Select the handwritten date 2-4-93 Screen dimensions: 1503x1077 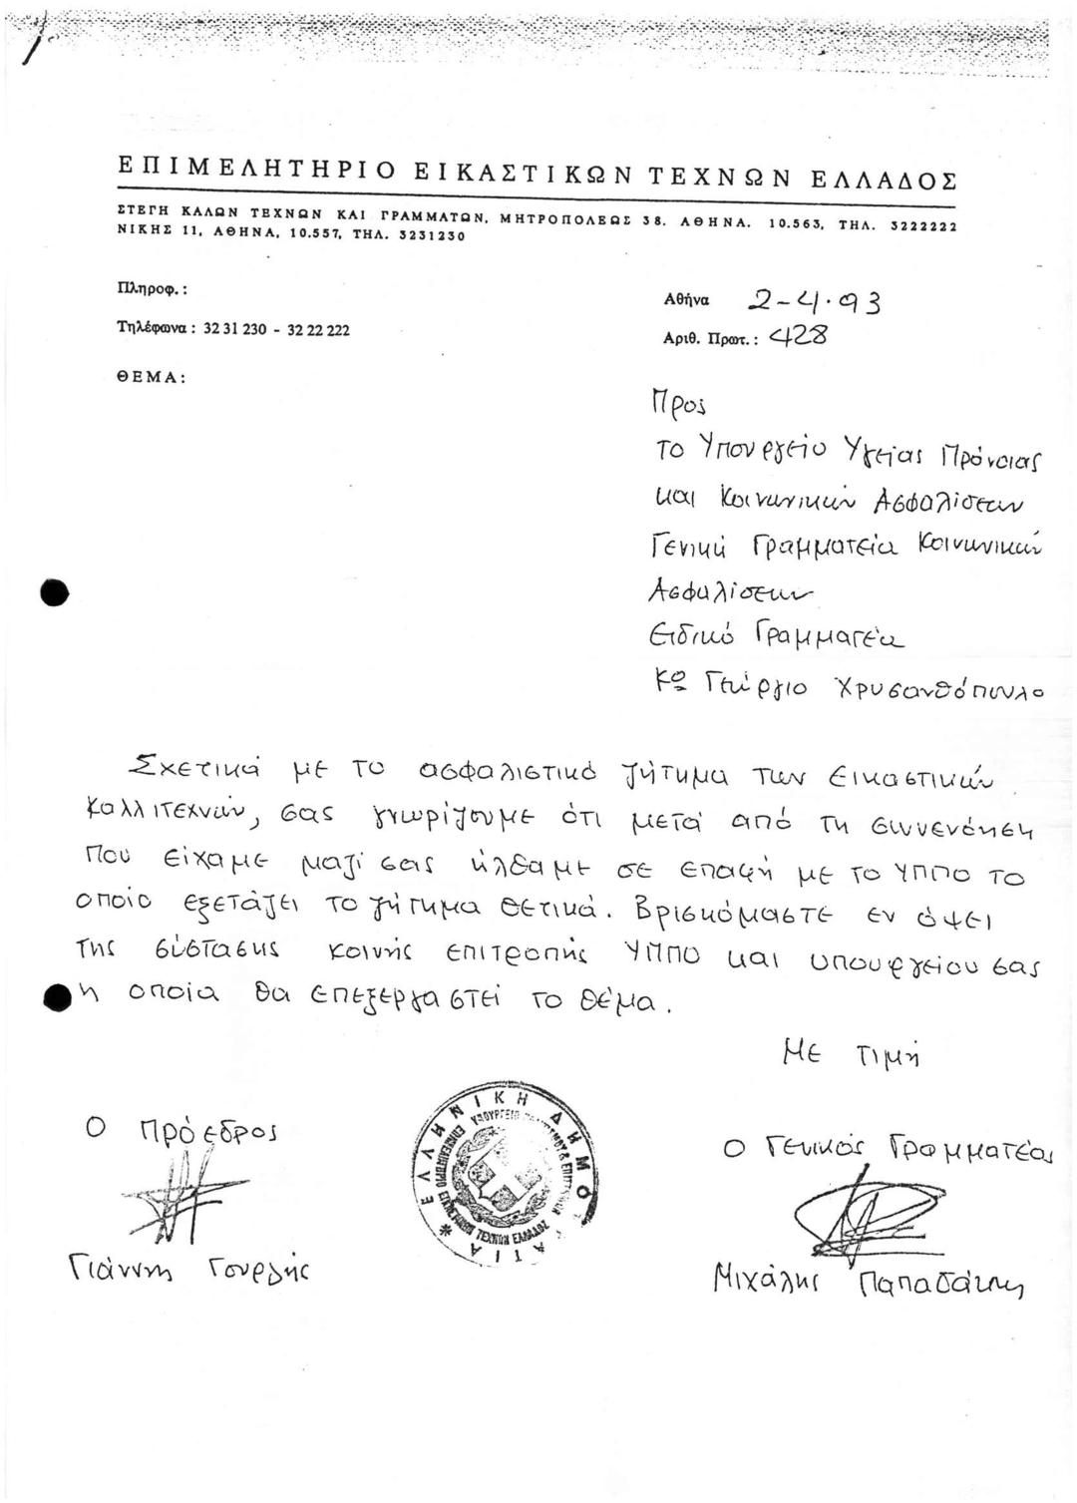coord(813,299)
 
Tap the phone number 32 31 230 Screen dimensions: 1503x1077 coord(235,329)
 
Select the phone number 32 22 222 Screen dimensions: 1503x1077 coord(318,329)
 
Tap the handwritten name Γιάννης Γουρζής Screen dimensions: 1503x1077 coord(188,1271)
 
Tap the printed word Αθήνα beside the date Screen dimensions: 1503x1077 coord(686,299)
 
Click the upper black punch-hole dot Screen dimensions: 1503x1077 coord(55,592)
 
